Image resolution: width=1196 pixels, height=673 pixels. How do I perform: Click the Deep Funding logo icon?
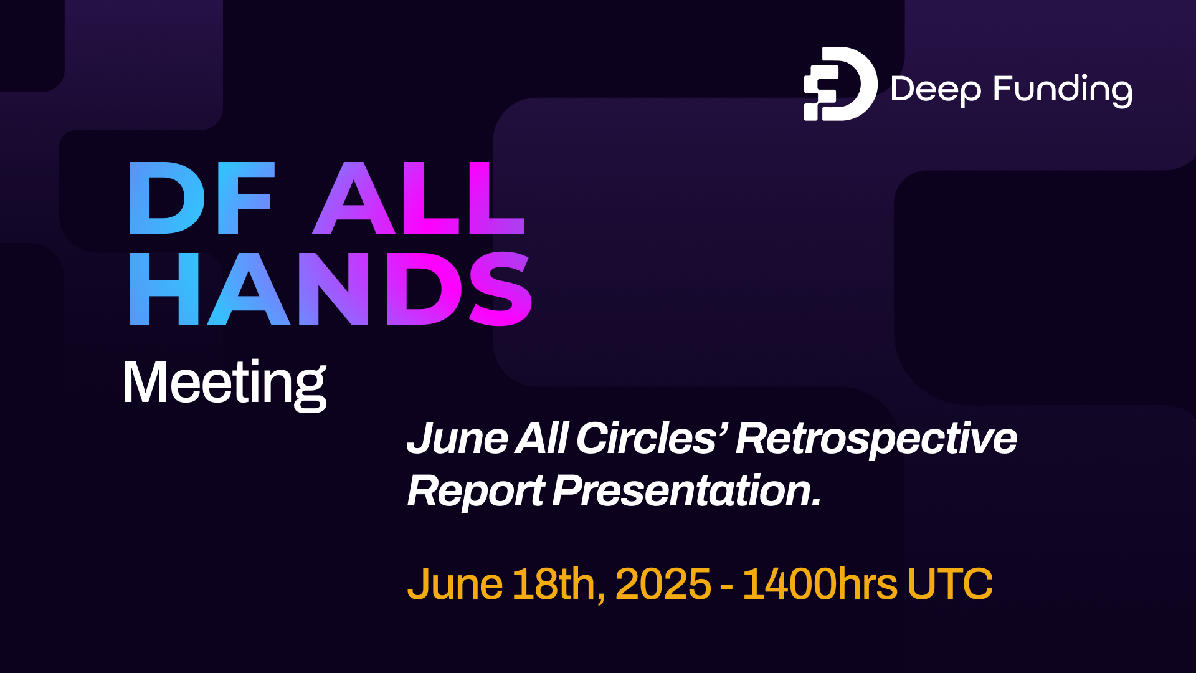pyautogui.click(x=840, y=84)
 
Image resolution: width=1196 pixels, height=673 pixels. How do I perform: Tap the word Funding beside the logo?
pyautogui.click(x=1063, y=90)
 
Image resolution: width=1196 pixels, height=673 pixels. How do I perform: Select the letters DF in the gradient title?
pyautogui.click(x=201, y=198)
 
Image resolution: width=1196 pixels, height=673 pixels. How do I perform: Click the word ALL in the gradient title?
pyautogui.click(x=419, y=198)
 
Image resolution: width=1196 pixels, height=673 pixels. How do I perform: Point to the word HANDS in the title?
pyautogui.click(x=330, y=289)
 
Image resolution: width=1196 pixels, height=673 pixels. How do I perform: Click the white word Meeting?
pyautogui.click(x=225, y=383)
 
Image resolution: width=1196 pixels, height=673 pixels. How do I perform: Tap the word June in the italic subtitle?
pyautogui.click(x=457, y=438)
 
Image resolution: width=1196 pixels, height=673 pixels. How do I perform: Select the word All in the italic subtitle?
pyautogui.click(x=541, y=438)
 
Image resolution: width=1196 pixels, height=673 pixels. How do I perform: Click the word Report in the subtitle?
pyautogui.click(x=476, y=492)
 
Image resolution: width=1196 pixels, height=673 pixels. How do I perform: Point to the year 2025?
pyautogui.click(x=663, y=585)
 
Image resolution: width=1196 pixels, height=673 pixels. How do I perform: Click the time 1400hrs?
pyautogui.click(x=820, y=585)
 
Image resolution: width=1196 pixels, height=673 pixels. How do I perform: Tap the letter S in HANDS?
pyautogui.click(x=500, y=289)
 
